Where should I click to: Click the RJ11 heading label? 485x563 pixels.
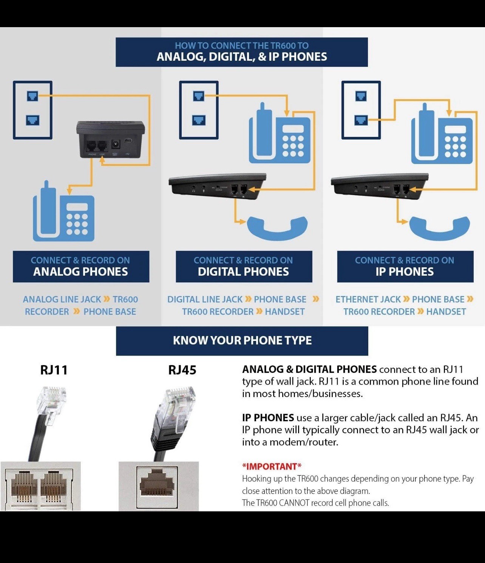pos(54,370)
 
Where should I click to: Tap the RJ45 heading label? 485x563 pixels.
pos(182,370)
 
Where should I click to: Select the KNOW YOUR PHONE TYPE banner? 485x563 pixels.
pos(242,341)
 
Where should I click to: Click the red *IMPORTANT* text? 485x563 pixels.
pos(272,466)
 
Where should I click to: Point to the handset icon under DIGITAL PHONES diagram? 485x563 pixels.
pos(277,227)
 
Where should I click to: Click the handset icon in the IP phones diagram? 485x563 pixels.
pos(439,227)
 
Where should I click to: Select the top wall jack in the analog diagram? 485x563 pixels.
pos(32,96)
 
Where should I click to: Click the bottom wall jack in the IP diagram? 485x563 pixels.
pos(361,120)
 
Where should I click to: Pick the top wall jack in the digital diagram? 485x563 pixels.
pos(199,96)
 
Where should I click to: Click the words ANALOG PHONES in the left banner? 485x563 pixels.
pos(80,272)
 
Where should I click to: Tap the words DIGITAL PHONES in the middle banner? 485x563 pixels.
pos(243,272)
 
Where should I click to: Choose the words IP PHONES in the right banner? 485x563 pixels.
pos(405,272)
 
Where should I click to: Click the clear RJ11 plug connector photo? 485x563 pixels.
pos(53,402)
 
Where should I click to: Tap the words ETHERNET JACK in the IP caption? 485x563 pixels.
pos(368,299)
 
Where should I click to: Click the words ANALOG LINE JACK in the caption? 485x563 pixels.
pos(62,299)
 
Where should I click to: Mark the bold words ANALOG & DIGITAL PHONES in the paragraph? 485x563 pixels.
pos(309,369)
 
